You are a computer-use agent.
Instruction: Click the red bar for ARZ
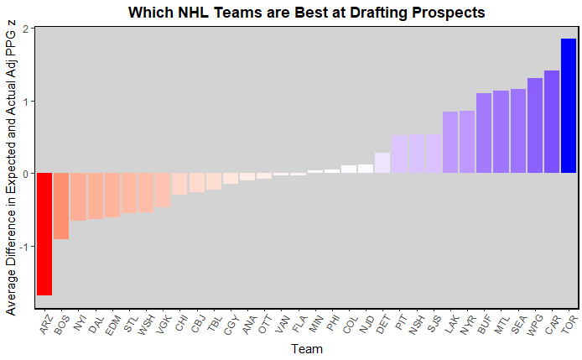(44, 234)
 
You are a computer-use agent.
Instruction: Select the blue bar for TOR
(569, 106)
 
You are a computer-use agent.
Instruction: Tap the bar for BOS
(61, 206)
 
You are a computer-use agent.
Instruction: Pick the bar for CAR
(552, 122)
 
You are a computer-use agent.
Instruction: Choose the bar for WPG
(534, 126)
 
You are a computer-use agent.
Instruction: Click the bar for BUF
(484, 133)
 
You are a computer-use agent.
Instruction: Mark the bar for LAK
(450, 143)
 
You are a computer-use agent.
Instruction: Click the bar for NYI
(78, 197)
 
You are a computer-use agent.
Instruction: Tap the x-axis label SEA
(517, 323)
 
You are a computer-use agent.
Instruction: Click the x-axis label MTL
(500, 323)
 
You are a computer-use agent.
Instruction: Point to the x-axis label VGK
(163, 323)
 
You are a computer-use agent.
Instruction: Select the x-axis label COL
(348, 323)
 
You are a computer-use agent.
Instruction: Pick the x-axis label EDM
(112, 323)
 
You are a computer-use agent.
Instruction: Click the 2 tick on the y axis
(27, 29)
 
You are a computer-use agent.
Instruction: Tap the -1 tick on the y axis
(25, 247)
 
